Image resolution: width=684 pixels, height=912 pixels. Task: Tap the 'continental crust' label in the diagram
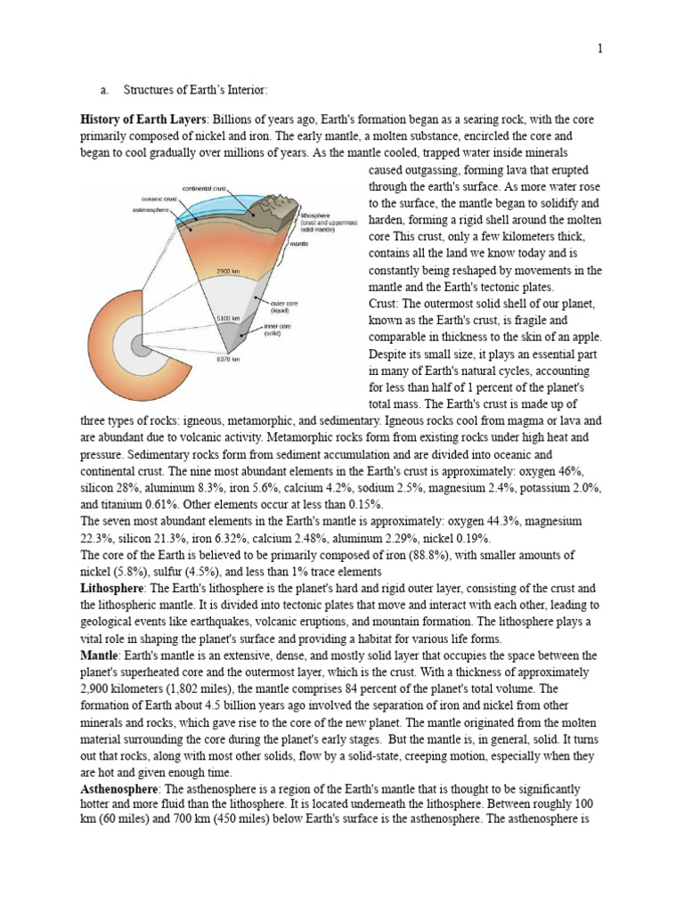pyautogui.click(x=205, y=190)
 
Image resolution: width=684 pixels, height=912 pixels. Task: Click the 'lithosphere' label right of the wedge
pyautogui.click(x=307, y=216)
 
